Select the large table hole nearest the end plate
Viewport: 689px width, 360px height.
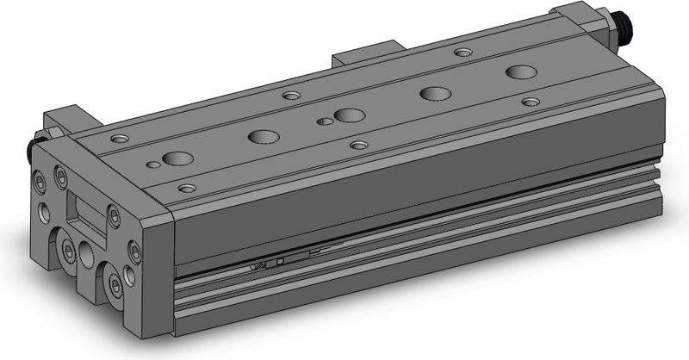point(178,158)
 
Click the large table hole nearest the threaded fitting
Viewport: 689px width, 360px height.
point(519,71)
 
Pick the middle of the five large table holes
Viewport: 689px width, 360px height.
point(349,115)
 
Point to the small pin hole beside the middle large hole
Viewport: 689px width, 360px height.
point(324,121)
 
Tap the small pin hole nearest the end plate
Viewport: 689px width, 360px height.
point(153,163)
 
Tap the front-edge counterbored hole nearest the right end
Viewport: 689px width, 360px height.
point(531,102)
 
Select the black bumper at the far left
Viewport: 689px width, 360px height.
point(38,149)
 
